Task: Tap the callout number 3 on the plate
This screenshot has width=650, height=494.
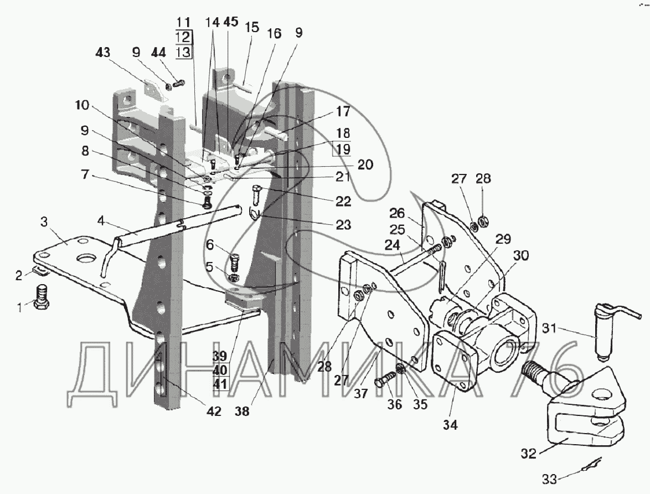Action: pos(44,222)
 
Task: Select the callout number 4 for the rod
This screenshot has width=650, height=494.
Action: pos(101,220)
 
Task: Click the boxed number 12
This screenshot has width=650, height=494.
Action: pos(183,37)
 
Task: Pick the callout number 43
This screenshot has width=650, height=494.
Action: pos(103,53)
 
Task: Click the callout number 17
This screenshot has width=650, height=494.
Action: pos(343,111)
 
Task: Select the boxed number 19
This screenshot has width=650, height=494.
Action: pos(342,150)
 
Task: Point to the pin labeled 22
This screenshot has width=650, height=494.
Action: pos(256,194)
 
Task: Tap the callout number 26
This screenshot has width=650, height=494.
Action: pos(397,213)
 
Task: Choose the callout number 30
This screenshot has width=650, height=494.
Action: pos(520,256)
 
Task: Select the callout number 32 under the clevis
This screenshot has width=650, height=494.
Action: pos(529,454)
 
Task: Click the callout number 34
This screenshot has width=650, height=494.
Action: pos(450,425)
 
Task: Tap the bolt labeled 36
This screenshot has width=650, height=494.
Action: pos(385,379)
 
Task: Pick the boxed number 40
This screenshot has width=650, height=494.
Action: pos(220,370)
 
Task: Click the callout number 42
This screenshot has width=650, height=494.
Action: pos(214,411)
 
